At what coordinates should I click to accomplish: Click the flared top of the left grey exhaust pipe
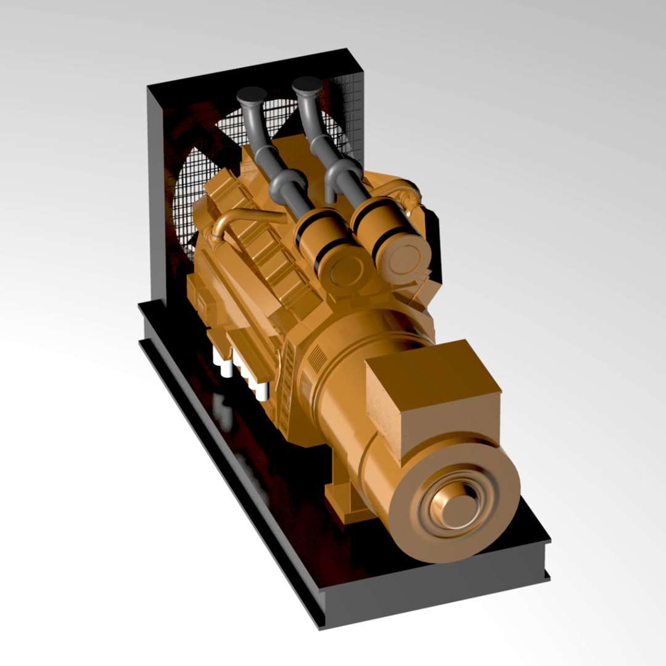point(251,96)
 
